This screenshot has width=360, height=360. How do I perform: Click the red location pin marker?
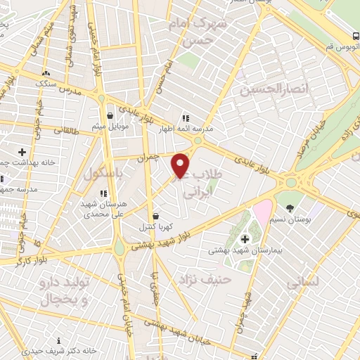(181, 165)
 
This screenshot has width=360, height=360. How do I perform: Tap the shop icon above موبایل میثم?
(110, 116)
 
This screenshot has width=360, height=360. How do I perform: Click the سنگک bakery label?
(46, 83)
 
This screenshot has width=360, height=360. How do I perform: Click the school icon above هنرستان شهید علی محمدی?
(103, 193)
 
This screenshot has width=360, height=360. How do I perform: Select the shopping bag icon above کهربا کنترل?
(155, 216)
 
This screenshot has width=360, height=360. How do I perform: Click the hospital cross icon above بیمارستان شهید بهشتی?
(244, 240)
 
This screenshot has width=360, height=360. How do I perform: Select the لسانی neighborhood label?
(303, 282)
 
